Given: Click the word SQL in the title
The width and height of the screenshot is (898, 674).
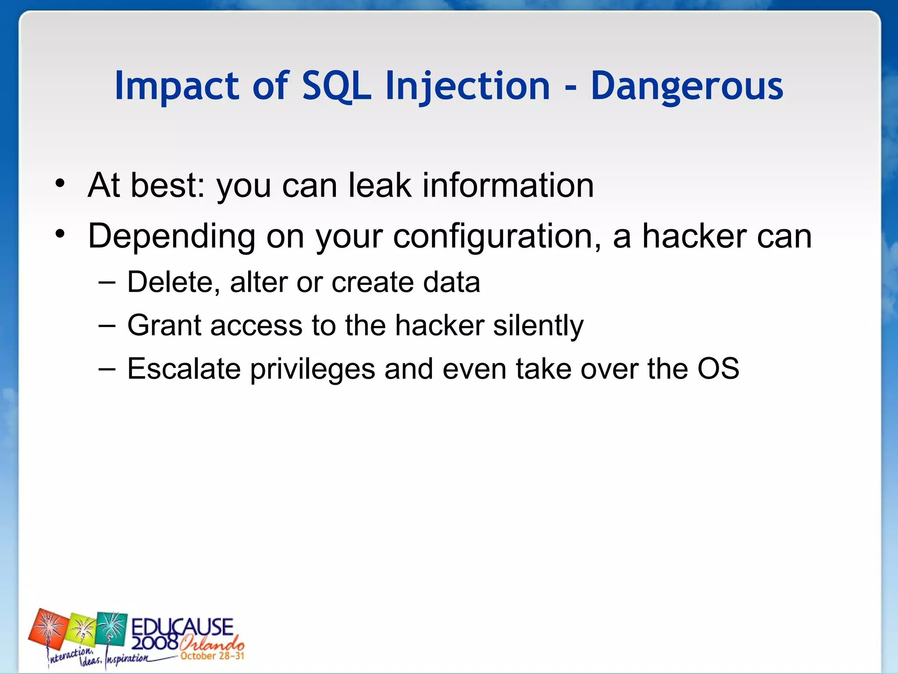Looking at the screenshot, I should pos(336,86).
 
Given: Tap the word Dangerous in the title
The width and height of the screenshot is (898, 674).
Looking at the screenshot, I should pos(687,86).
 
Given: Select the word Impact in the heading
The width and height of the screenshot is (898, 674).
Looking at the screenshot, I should pos(176,86).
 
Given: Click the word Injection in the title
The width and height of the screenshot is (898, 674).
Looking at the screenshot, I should pos(467,86).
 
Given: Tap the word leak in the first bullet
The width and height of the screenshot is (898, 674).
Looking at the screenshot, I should pos(380,185).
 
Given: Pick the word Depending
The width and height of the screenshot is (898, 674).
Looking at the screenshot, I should pos(171,236).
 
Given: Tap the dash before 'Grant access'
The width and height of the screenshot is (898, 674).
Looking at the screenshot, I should pos(107,326).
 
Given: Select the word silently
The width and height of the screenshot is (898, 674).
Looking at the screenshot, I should pos(538,326).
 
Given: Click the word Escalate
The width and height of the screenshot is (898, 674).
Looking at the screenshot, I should pos(184,369).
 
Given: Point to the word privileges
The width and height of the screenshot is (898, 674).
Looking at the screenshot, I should pos(313,369).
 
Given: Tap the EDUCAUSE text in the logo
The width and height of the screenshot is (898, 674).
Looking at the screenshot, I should pos(182,627).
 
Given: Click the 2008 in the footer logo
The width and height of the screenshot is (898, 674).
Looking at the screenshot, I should pos(154,643).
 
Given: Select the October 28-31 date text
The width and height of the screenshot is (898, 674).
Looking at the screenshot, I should pos(212,656).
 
